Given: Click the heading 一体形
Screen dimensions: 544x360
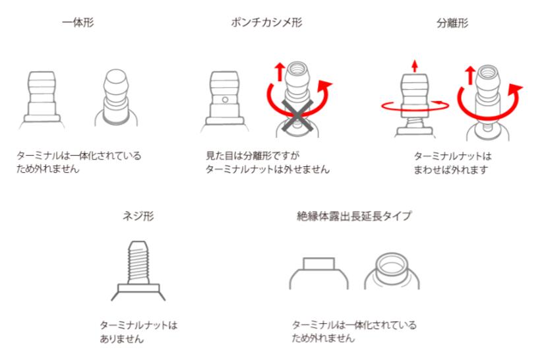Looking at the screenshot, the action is (x=78, y=23).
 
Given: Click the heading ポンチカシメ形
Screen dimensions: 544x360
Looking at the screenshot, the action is (x=267, y=23).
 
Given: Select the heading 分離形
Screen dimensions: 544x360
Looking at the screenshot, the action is (x=452, y=23).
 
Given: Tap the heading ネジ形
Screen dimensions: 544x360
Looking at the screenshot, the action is (x=138, y=216).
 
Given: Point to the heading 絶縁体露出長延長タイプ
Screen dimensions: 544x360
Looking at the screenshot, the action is (x=354, y=216).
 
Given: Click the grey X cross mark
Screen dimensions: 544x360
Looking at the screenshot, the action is (x=297, y=117).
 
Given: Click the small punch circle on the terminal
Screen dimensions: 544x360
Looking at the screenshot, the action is (x=225, y=100).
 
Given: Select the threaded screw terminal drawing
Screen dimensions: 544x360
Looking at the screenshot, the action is (x=138, y=270).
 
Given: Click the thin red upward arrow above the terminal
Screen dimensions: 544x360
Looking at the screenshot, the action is (x=415, y=65).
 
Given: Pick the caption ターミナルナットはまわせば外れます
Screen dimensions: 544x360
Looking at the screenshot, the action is (x=452, y=163).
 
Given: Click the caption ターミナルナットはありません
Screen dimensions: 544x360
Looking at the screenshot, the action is (x=138, y=332).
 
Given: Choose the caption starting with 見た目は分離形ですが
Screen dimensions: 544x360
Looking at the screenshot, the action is (x=268, y=162).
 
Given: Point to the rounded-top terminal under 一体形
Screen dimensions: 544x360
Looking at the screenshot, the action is (x=116, y=98).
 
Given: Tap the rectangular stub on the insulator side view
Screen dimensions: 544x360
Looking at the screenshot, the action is (x=319, y=264).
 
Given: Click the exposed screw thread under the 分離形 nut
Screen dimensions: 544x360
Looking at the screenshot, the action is (x=415, y=123).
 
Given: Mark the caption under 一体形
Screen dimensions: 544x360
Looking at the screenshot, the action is (x=79, y=162).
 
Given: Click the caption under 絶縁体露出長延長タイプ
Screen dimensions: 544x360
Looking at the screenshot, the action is (x=354, y=331).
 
